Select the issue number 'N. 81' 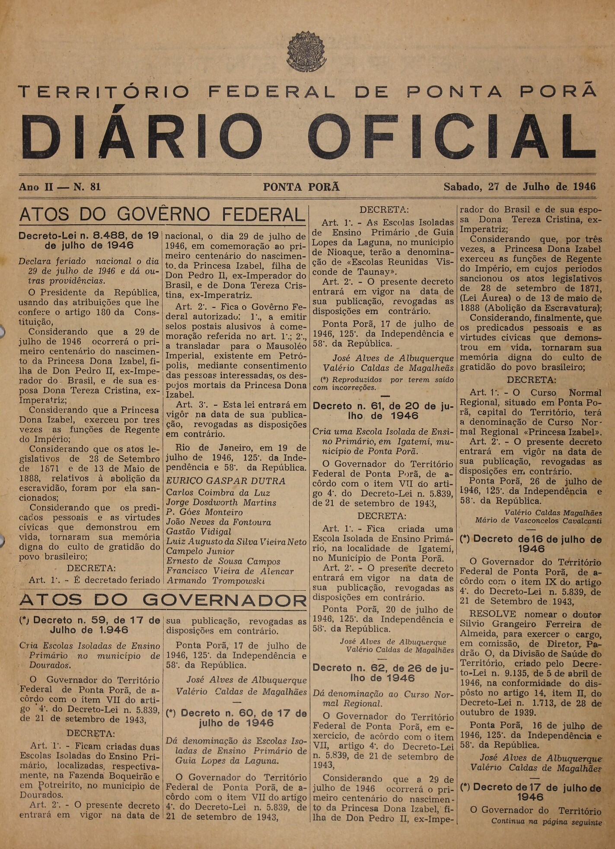tap(87, 187)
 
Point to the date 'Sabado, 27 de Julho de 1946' tap(519, 187)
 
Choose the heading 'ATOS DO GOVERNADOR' tap(163, 600)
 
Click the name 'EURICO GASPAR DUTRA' tap(226, 481)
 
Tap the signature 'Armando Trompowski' tap(216, 581)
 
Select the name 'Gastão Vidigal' tap(198, 531)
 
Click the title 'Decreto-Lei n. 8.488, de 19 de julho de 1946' tap(89, 241)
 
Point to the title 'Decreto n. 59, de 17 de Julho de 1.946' tap(89, 624)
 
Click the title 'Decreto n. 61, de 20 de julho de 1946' tap(383, 411)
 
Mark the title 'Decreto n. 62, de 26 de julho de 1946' tap(383, 672)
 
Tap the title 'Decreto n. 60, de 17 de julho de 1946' tap(236, 718)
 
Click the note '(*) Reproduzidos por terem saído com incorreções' tap(383, 383)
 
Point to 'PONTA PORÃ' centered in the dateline tap(301, 187)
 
